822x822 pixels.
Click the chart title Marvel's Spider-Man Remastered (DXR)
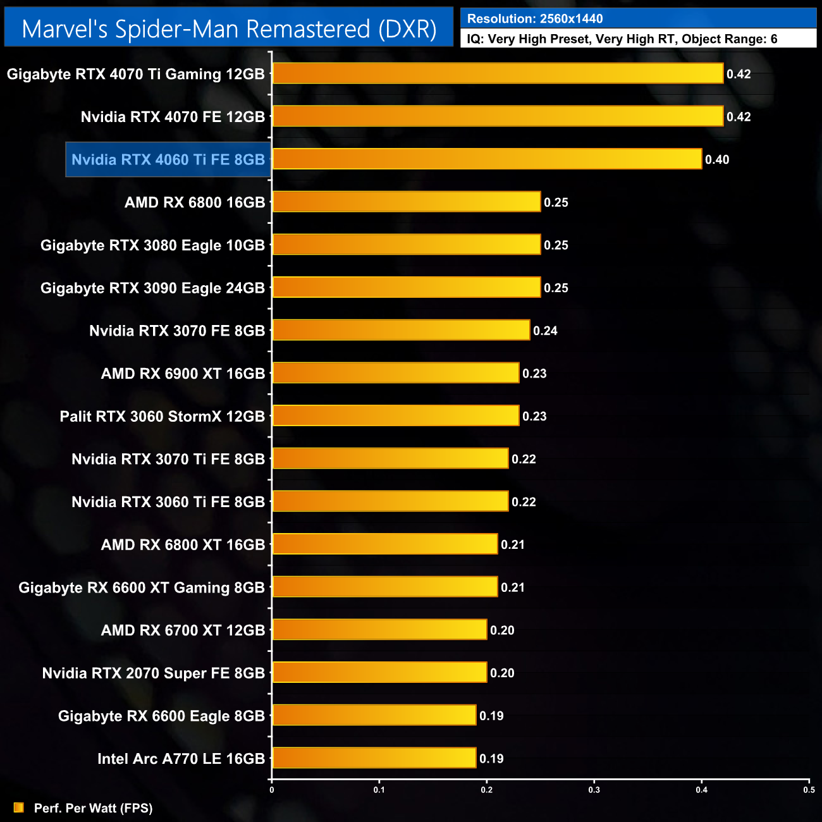(x=229, y=29)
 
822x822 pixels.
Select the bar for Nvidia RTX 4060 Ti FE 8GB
(x=487, y=159)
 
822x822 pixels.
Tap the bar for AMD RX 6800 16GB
(x=406, y=202)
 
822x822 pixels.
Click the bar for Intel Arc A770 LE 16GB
(x=374, y=758)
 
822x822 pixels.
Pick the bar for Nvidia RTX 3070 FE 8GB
(x=401, y=330)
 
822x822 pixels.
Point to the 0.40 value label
(x=717, y=160)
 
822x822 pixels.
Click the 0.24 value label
(x=545, y=331)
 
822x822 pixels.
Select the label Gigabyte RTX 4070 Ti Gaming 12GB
(x=135, y=74)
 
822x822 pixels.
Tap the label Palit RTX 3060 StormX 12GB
(x=162, y=417)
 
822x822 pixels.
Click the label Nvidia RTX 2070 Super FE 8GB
(x=153, y=673)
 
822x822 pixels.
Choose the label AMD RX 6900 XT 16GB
(x=183, y=374)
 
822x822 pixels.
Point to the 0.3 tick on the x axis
(x=594, y=789)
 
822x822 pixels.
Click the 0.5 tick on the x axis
(x=809, y=789)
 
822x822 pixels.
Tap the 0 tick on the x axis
(x=272, y=789)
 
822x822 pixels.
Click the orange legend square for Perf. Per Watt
(x=19, y=807)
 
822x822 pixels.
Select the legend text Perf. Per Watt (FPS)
(x=93, y=808)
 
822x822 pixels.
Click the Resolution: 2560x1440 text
(x=535, y=19)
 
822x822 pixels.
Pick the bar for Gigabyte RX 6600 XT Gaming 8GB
(x=384, y=587)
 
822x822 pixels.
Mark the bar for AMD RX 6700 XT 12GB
(x=379, y=630)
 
